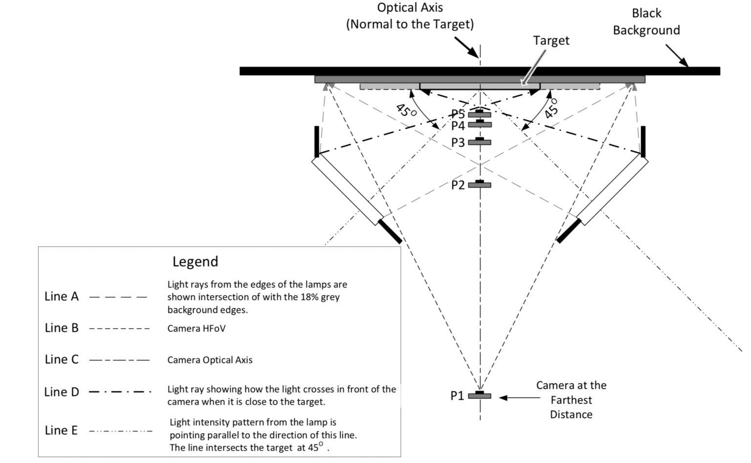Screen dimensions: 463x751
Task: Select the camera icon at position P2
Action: tap(480, 185)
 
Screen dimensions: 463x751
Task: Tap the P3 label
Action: tap(458, 142)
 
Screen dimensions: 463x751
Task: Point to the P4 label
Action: tap(458, 126)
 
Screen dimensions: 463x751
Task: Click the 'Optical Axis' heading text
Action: tap(410, 8)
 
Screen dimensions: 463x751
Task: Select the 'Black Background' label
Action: tap(646, 22)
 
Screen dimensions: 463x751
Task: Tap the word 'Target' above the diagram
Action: tap(551, 41)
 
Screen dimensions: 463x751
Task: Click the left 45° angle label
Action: tap(406, 110)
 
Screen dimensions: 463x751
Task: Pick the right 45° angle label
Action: tap(552, 108)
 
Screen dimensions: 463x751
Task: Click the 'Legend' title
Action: tap(195, 261)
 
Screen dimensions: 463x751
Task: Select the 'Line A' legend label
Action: tap(61, 297)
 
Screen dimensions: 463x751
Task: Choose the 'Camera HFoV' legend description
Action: tap(196, 328)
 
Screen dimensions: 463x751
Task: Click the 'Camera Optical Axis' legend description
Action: tap(210, 360)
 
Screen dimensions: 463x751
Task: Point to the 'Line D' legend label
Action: tap(61, 392)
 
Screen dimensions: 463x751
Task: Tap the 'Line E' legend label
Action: tap(61, 430)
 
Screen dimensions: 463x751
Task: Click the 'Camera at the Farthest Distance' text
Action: tap(571, 400)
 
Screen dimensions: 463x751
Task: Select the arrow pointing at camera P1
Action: tap(519, 398)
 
